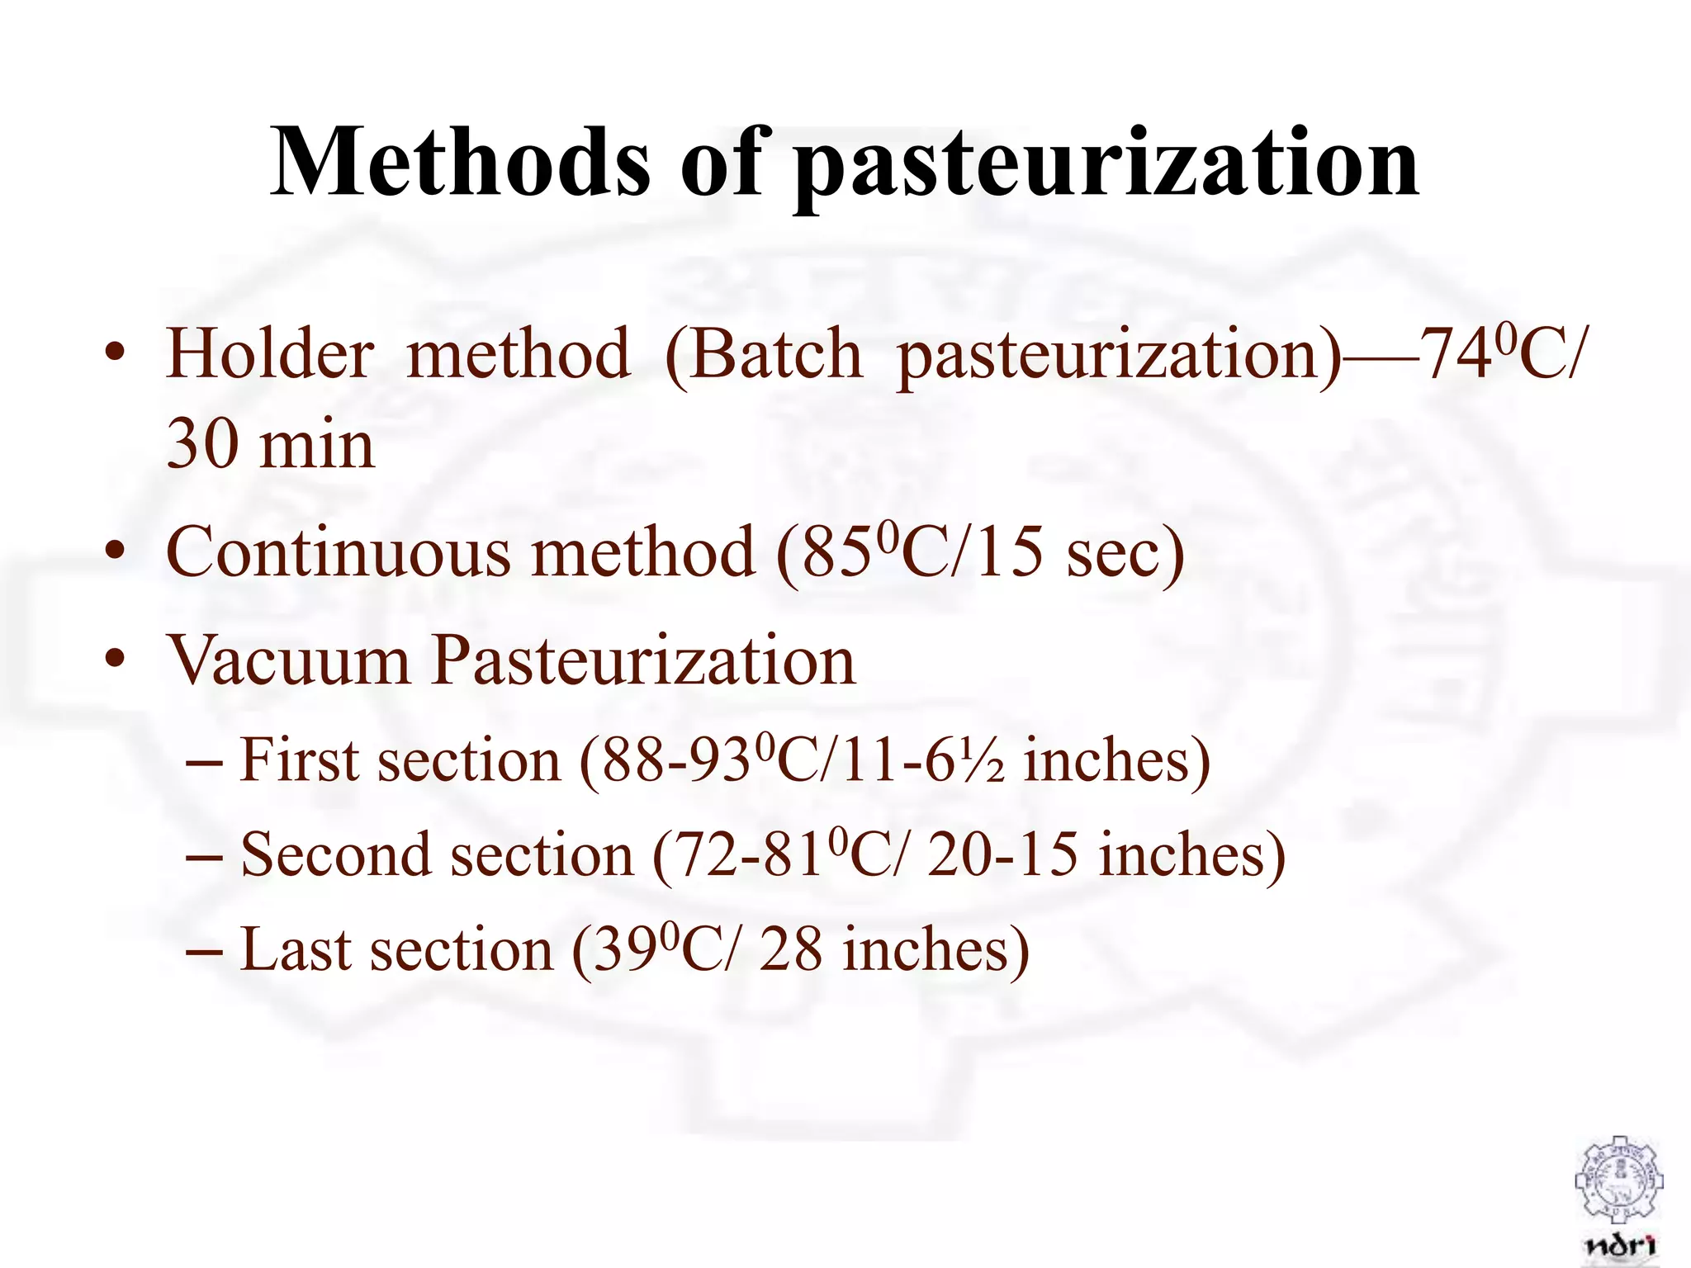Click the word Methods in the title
tap(459, 163)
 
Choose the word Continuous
tap(338, 552)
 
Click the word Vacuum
tap(289, 660)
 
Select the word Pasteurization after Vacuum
tap(644, 661)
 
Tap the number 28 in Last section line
tap(790, 949)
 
